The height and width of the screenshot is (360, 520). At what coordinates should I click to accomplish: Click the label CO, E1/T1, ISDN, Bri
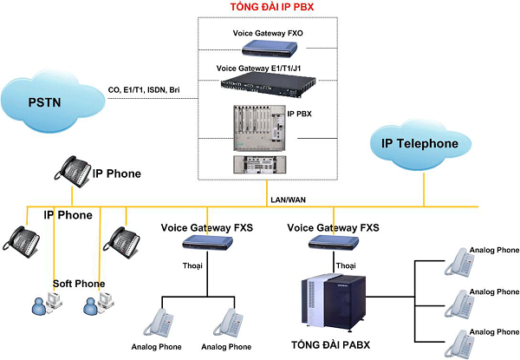[x=144, y=88]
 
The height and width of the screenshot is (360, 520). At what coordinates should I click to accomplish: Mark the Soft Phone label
[x=78, y=284]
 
